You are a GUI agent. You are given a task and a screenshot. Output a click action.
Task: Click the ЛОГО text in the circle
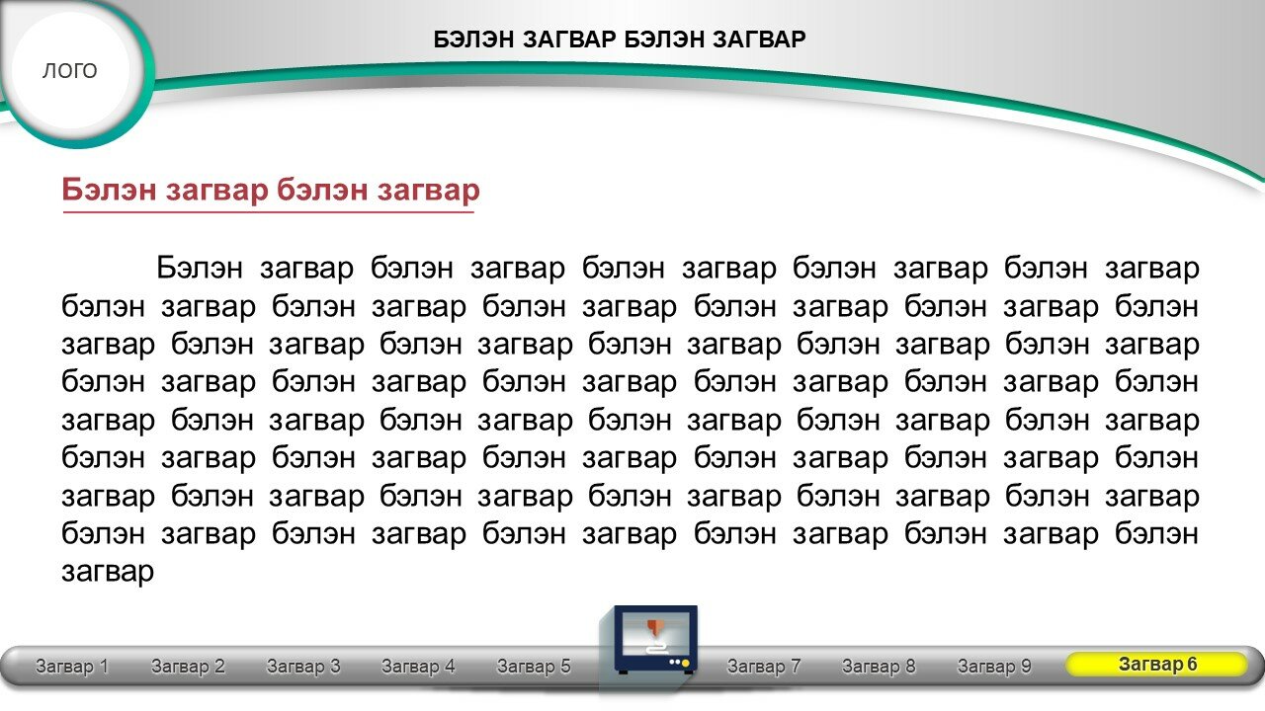click(x=69, y=71)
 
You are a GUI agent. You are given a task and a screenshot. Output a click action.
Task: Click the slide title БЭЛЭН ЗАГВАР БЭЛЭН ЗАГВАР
click(x=620, y=39)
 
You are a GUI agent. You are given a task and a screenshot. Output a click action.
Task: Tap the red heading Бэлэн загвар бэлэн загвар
click(x=271, y=190)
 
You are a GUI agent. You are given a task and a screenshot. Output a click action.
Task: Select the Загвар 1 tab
click(x=72, y=667)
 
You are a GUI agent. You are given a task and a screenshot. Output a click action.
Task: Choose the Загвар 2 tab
click(x=188, y=667)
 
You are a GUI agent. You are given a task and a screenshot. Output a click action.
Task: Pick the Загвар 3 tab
click(x=303, y=667)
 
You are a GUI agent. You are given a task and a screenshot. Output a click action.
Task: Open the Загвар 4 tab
click(x=418, y=667)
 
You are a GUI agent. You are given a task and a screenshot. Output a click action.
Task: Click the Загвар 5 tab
click(x=534, y=667)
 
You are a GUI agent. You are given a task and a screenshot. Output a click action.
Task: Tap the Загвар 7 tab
click(x=764, y=667)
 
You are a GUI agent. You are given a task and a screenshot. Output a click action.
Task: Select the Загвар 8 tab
click(x=879, y=667)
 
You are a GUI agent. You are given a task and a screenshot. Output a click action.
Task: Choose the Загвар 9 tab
click(x=994, y=667)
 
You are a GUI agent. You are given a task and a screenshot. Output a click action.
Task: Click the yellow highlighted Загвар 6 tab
click(x=1156, y=665)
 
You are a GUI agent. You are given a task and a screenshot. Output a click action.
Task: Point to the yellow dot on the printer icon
click(x=686, y=663)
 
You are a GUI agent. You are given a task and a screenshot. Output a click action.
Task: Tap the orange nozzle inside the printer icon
click(x=654, y=627)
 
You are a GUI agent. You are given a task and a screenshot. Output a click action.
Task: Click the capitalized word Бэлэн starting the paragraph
click(x=200, y=268)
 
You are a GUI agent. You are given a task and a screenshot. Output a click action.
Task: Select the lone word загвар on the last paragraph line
click(x=108, y=573)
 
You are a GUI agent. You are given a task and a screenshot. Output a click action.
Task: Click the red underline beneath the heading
click(x=268, y=212)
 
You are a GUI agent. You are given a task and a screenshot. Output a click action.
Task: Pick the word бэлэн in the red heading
click(x=322, y=190)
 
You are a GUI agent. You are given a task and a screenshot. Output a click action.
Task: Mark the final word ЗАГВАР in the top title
click(x=759, y=39)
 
